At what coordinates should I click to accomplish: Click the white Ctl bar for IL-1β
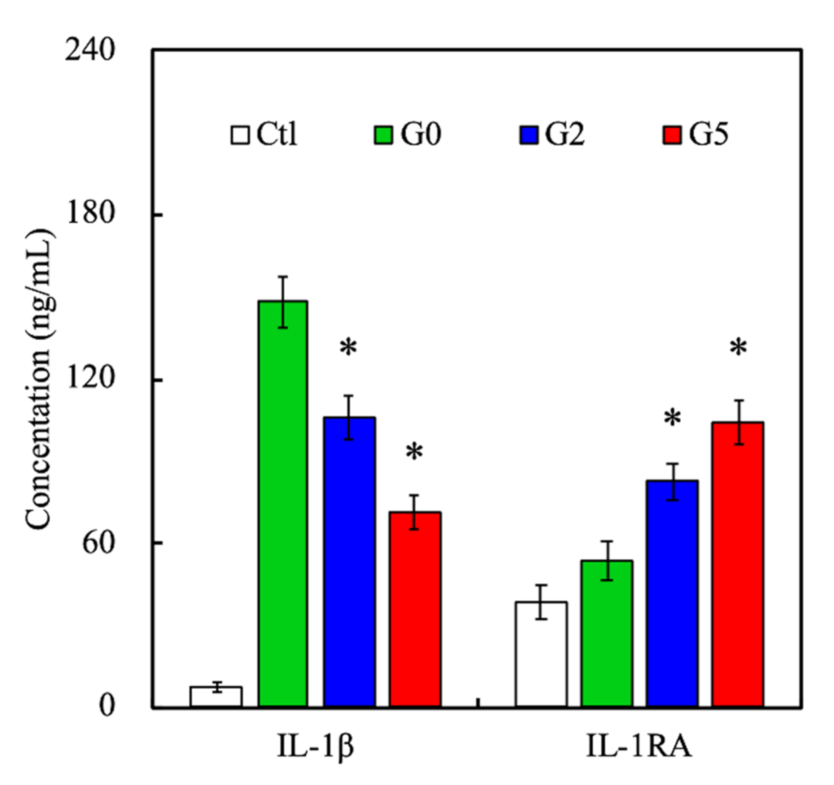tap(216, 697)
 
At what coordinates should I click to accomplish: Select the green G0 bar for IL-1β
tap(282, 504)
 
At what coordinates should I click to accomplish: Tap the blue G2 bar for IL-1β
tap(349, 562)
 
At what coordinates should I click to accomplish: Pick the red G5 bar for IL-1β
tap(415, 609)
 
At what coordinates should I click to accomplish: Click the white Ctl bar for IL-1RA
tap(541, 654)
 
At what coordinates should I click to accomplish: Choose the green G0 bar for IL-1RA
tap(607, 633)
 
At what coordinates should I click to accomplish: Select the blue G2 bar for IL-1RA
tap(673, 593)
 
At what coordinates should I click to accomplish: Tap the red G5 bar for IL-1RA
tap(739, 564)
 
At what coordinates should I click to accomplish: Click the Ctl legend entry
tap(264, 136)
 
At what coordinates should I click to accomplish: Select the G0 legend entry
tap(407, 136)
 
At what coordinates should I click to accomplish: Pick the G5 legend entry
tap(701, 136)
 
